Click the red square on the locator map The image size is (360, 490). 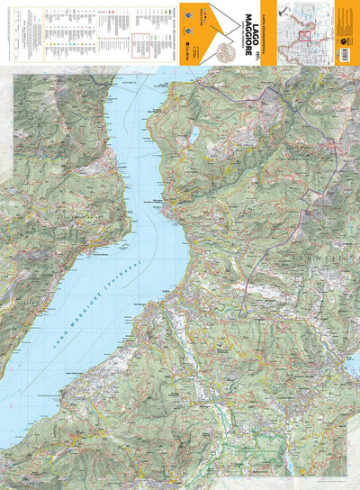click(306, 36)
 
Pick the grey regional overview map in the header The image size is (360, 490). click(305, 32)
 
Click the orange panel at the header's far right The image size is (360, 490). click(346, 32)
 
